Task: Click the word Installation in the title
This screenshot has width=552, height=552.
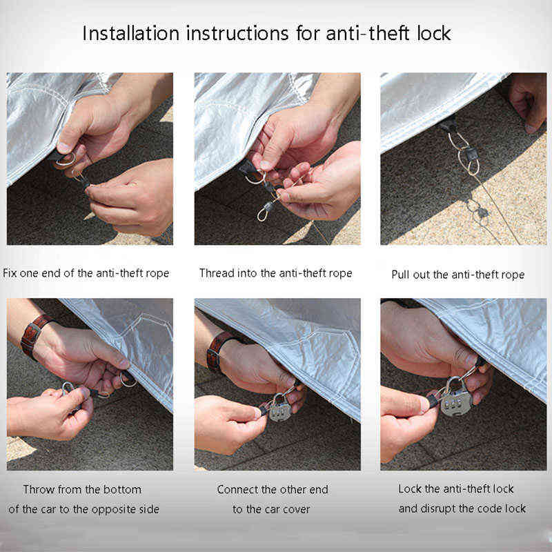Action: pyautogui.click(x=131, y=33)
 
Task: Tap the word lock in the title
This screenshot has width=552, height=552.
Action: pyautogui.click(x=434, y=33)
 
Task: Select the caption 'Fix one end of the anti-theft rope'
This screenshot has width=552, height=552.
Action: pyautogui.click(x=86, y=273)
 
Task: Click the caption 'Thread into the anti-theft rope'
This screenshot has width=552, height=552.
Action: pyautogui.click(x=275, y=273)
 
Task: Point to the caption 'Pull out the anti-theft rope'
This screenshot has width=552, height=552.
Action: pyautogui.click(x=458, y=275)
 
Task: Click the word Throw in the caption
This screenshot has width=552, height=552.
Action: pyautogui.click(x=38, y=489)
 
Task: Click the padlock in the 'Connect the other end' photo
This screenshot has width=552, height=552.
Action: pyautogui.click(x=280, y=408)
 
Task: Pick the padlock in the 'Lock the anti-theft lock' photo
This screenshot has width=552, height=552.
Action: pyautogui.click(x=456, y=398)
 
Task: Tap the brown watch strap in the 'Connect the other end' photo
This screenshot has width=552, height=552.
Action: pyautogui.click(x=218, y=350)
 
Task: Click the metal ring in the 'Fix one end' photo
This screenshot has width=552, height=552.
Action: pyautogui.click(x=66, y=160)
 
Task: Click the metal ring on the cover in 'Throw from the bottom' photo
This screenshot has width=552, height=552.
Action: pyautogui.click(x=128, y=379)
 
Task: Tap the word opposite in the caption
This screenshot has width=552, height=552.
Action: pyautogui.click(x=117, y=509)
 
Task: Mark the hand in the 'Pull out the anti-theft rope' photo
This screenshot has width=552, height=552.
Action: pyautogui.click(x=527, y=102)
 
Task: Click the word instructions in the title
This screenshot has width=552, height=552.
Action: pyautogui.click(x=237, y=33)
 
